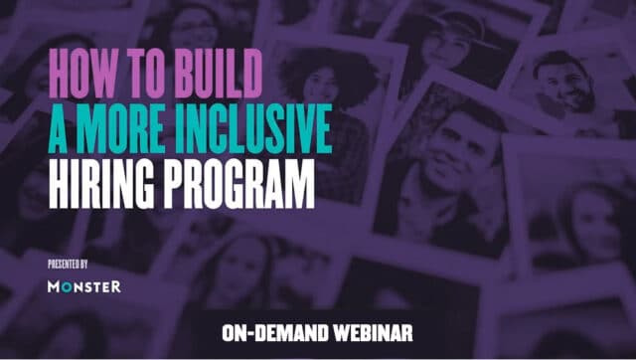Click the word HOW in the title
pos(83,71)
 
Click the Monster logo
pos(84,286)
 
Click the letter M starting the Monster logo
pos(54,286)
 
